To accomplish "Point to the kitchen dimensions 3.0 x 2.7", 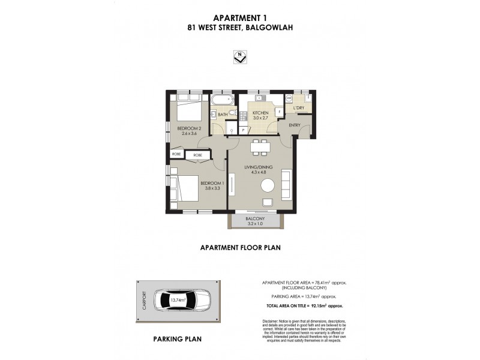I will click(x=260, y=118).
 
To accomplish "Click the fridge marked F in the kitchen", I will click(x=278, y=112).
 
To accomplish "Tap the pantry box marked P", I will click(x=244, y=130).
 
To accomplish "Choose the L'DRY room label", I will click(x=298, y=108).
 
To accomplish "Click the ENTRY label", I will click(x=294, y=125).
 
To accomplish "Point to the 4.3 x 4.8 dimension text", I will click(x=259, y=173).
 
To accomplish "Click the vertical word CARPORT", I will click(x=143, y=299).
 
